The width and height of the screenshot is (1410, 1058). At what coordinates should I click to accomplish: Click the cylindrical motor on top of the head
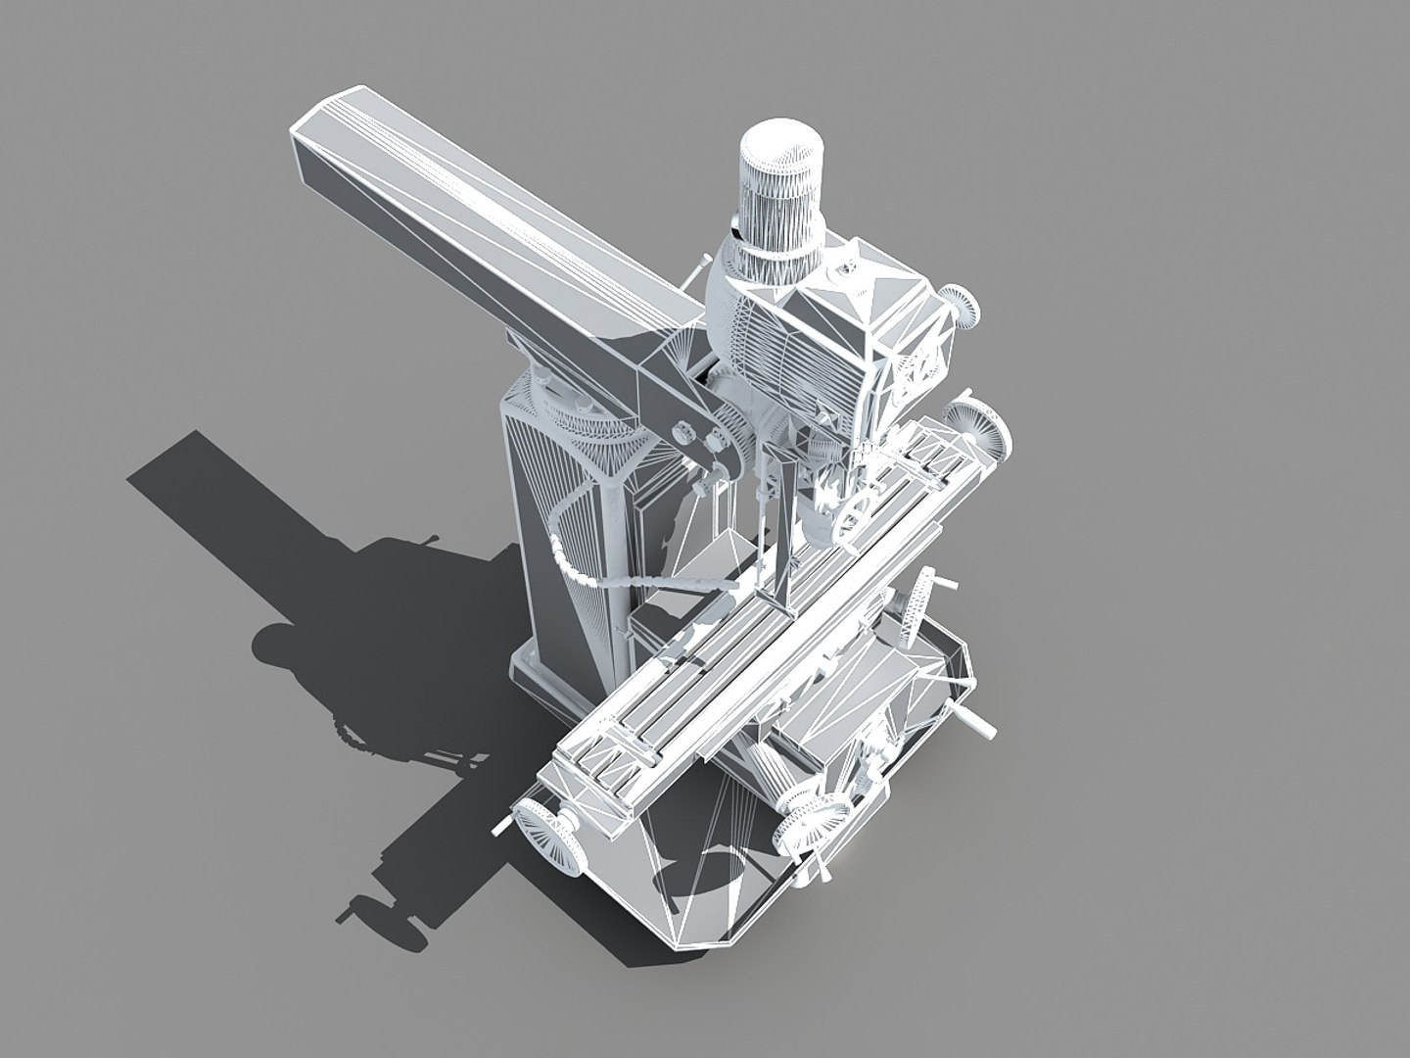point(779,201)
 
